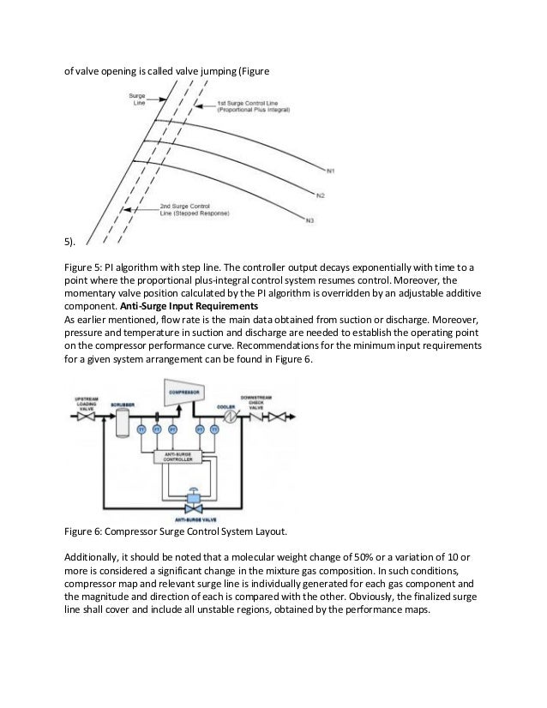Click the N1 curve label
[329, 169]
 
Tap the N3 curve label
[310, 221]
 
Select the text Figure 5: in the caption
[87, 267]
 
